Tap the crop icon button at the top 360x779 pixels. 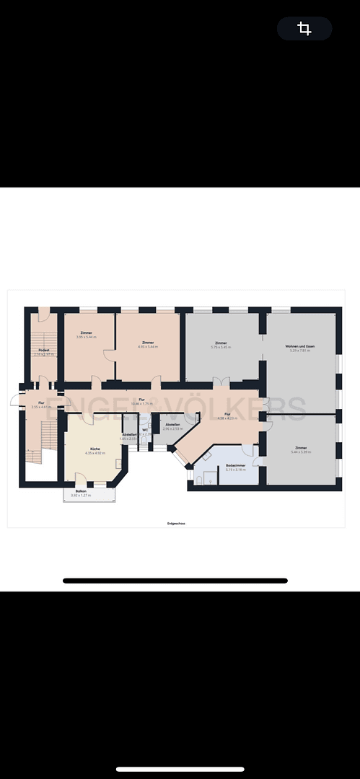[x=304, y=29]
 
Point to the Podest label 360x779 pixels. [x=44, y=350]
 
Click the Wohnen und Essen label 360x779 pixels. [x=299, y=347]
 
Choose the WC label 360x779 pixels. [x=145, y=430]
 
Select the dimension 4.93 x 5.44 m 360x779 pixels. [x=148, y=347]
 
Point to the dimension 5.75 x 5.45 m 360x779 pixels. [x=221, y=347]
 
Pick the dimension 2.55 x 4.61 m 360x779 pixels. [x=41, y=407]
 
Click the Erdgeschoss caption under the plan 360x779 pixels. [x=177, y=523]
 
